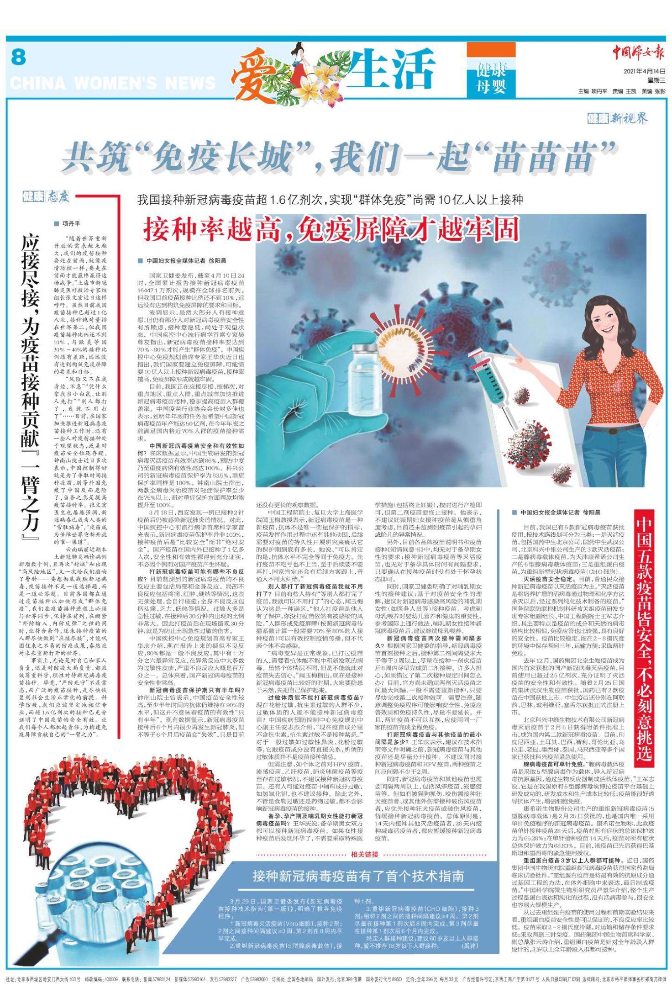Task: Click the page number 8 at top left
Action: coord(18,58)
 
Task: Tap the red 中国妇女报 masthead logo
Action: coord(638,54)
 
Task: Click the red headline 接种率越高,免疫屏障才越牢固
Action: coord(332,229)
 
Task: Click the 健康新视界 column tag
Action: coord(617,120)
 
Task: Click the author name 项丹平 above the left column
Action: coord(71,224)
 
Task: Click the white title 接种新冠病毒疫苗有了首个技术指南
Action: coord(358,876)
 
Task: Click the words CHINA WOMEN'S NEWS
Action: coord(112,83)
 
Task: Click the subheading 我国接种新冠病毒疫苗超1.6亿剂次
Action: coord(330,200)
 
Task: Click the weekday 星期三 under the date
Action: coord(656,80)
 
